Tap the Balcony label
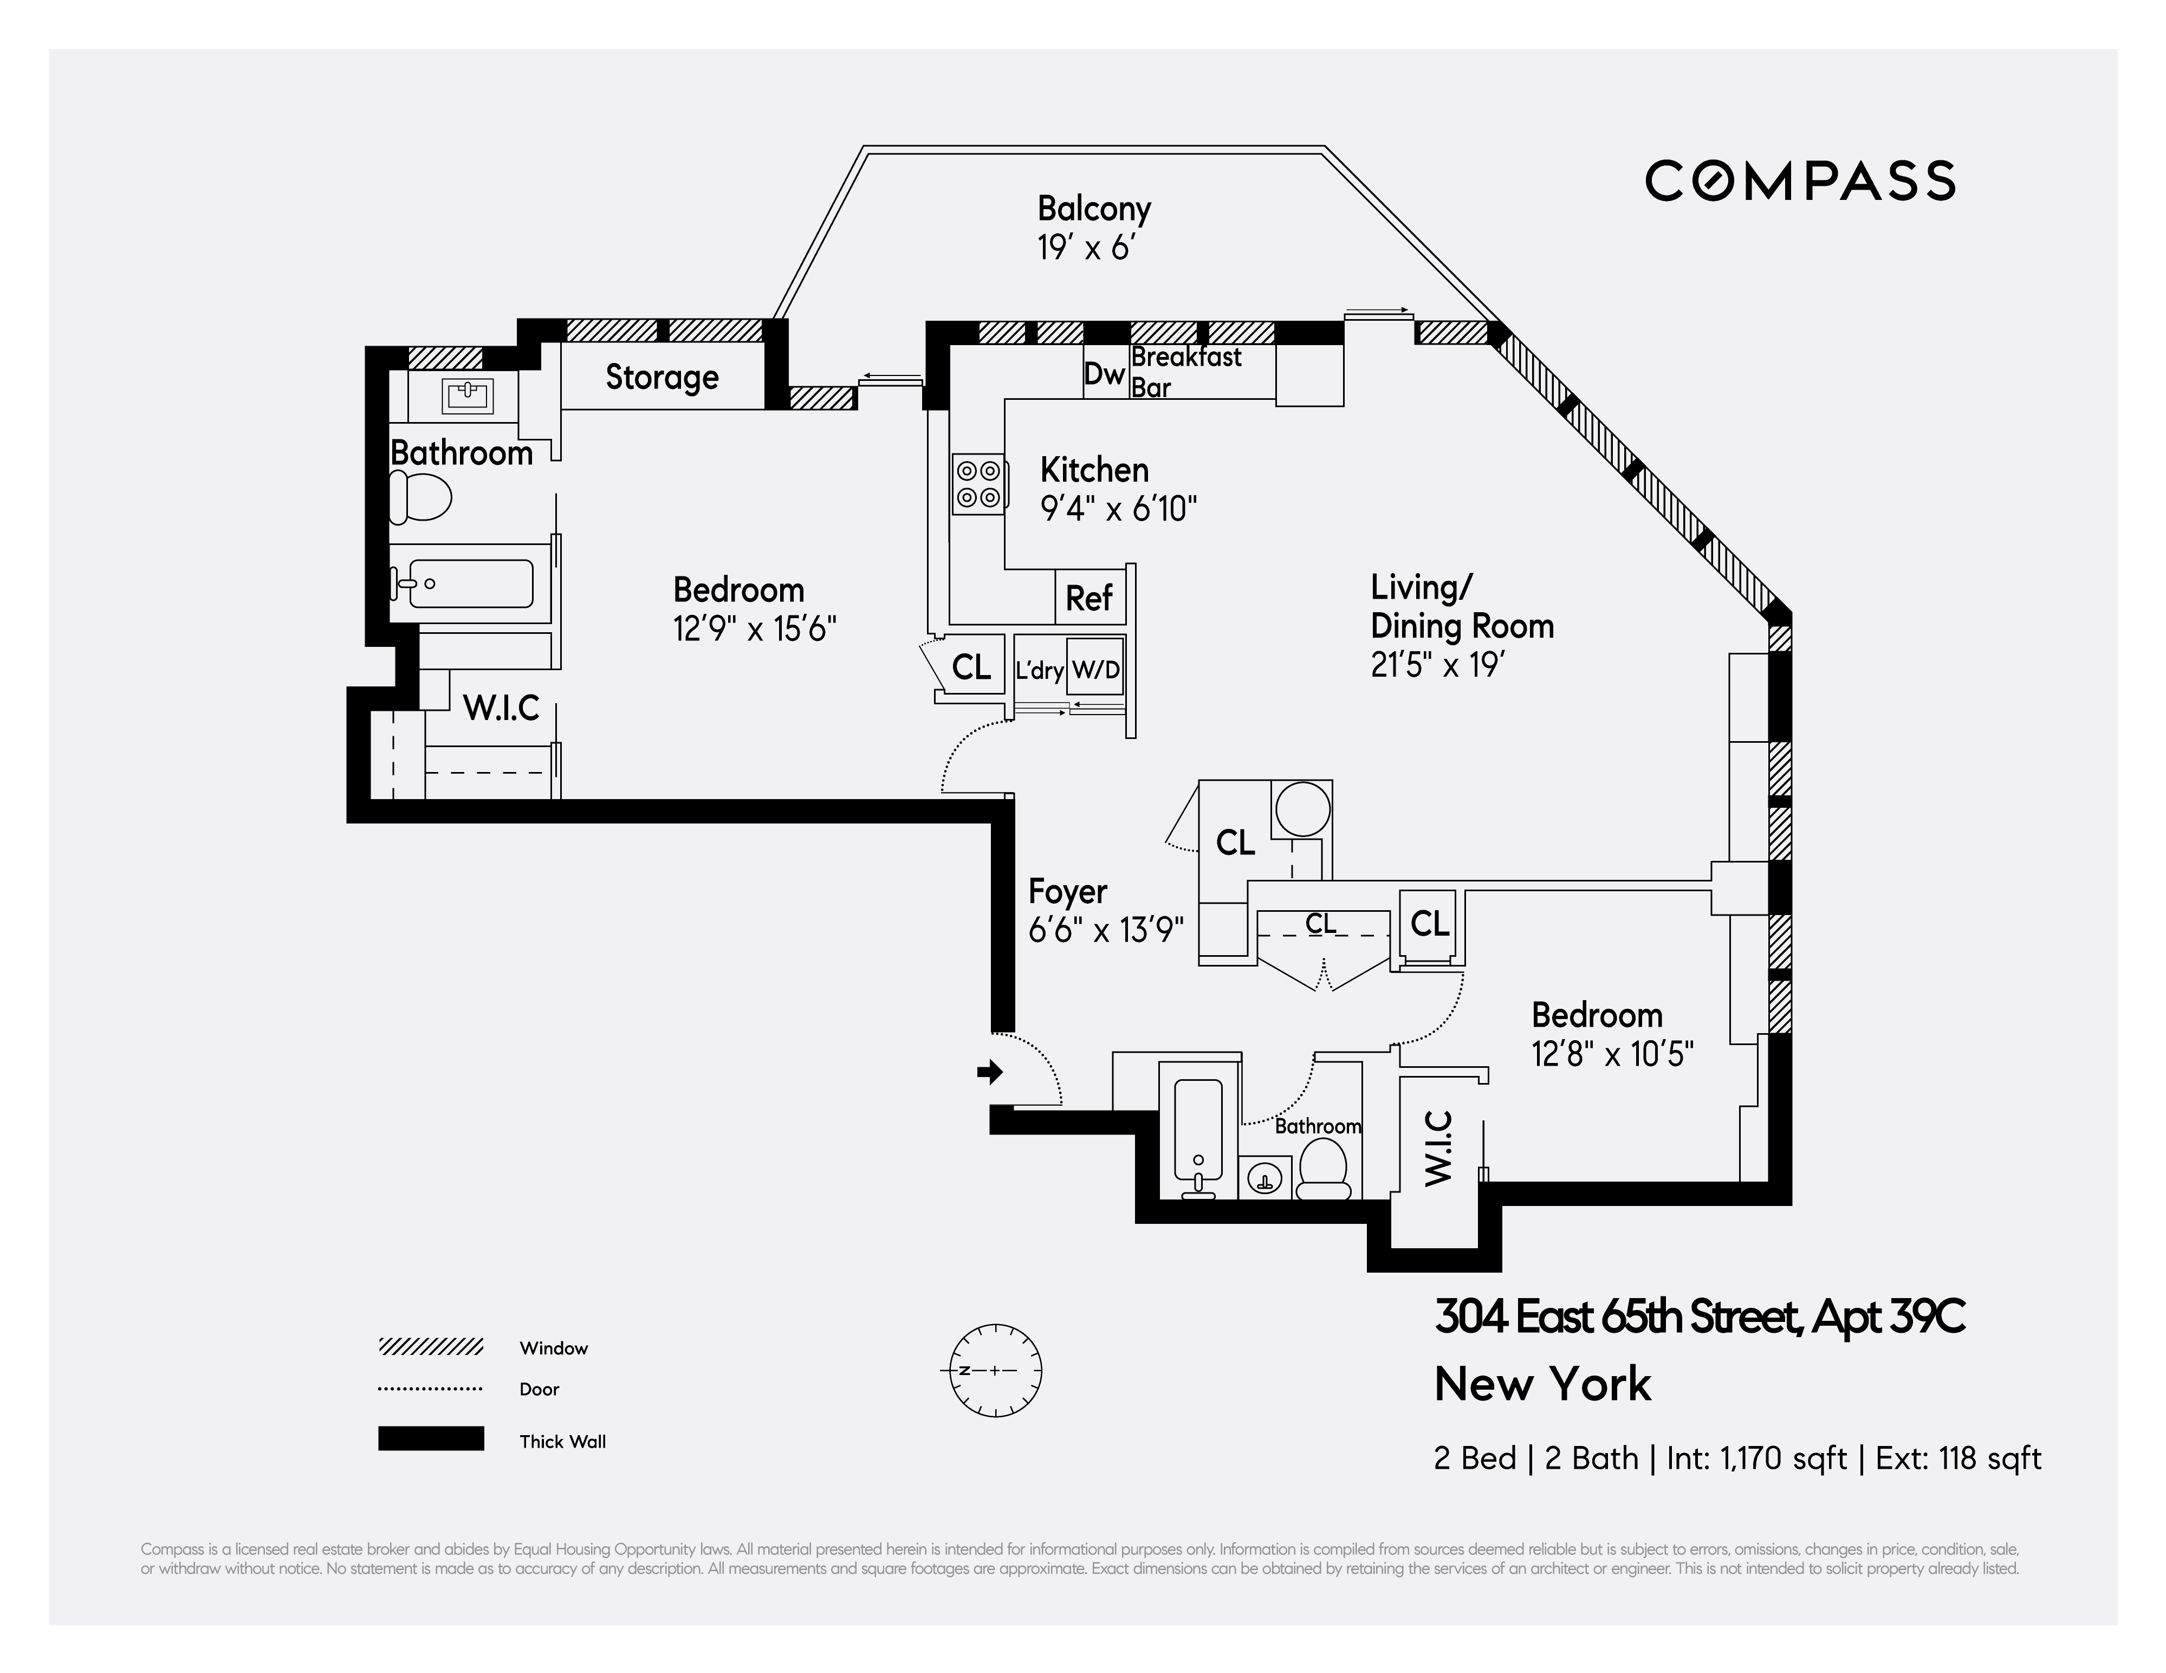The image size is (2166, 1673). tap(1094, 209)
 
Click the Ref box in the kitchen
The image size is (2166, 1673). tap(1089, 598)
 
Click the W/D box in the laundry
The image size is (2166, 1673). tap(1096, 670)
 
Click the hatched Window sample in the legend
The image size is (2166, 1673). tap(430, 1347)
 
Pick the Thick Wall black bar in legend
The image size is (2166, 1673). tap(430, 1439)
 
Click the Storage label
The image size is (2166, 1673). tap(662, 378)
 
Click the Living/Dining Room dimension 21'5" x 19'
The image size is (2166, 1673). tap(1438, 664)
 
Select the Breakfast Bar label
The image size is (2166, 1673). tap(1185, 372)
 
